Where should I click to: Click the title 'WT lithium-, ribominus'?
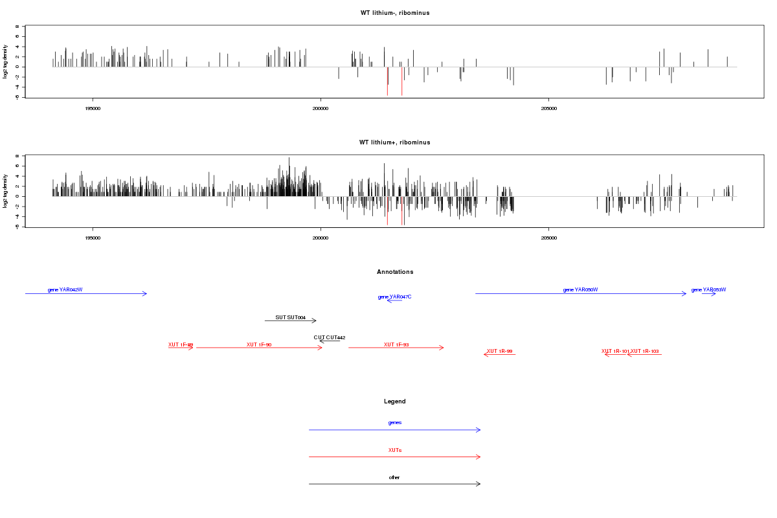[395, 13]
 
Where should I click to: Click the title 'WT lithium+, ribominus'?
[395, 142]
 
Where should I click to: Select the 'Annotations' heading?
[395, 272]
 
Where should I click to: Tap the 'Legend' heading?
[395, 401]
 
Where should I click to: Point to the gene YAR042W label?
[65, 289]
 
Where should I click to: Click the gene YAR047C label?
[395, 297]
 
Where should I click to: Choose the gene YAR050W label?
[580, 289]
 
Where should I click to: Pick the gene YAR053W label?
[708, 289]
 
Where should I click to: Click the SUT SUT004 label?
[290, 317]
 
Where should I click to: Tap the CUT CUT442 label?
[330, 337]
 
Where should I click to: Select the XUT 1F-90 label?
[259, 344]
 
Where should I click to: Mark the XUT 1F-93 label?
[396, 344]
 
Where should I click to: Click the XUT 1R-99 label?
[499, 351]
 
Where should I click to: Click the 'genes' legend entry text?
[395, 422]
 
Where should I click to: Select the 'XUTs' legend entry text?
[395, 449]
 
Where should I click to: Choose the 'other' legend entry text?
[395, 477]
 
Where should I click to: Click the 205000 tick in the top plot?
[548, 109]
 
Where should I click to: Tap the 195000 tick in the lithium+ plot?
[93, 238]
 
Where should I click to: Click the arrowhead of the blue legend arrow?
[479, 430]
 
